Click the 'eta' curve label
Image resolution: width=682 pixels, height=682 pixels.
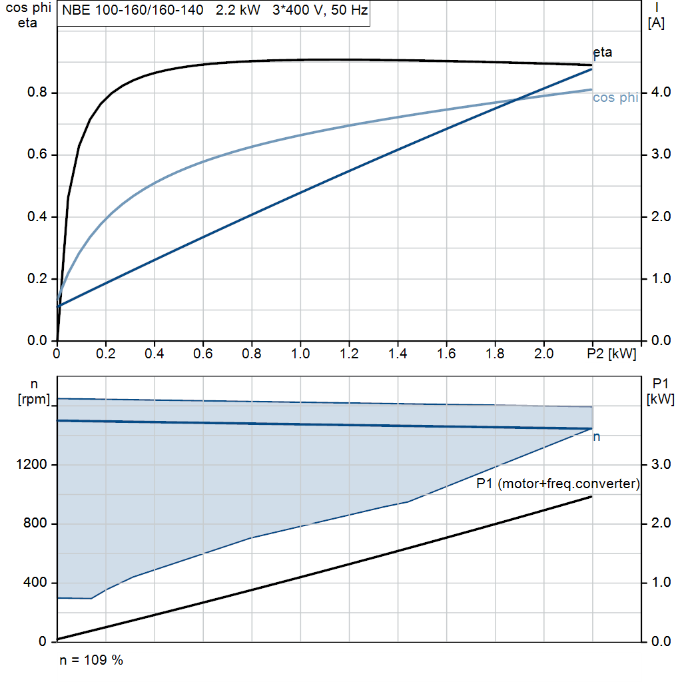(602, 53)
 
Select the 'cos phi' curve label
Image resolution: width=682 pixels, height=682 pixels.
(615, 98)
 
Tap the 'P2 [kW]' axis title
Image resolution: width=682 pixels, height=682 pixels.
(611, 354)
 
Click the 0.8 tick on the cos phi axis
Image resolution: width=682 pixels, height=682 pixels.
(37, 93)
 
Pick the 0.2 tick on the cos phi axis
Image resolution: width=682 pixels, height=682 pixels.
(37, 279)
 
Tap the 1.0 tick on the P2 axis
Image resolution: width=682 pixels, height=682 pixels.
(300, 354)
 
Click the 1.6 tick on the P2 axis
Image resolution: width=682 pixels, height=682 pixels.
(447, 354)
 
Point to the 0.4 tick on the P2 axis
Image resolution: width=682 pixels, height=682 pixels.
(155, 354)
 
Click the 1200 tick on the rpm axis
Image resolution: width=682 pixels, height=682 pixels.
(33, 465)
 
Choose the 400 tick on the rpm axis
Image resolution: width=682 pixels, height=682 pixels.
(37, 583)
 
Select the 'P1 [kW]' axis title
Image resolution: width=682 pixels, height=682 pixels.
(660, 391)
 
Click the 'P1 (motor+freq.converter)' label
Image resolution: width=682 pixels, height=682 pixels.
(558, 484)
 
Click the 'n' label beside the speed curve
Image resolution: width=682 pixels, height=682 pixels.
(597, 437)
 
